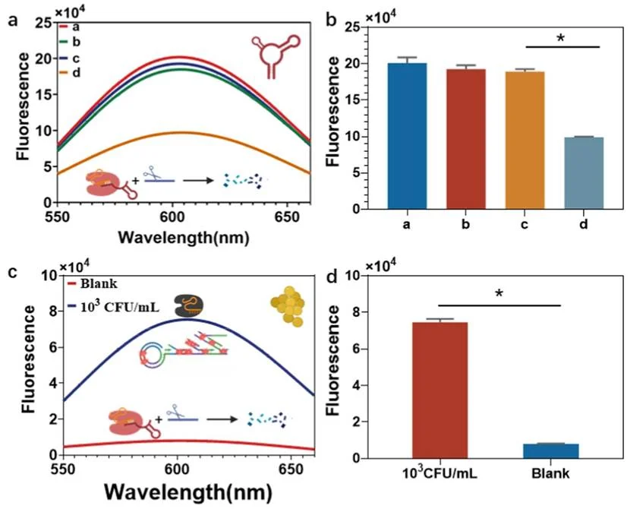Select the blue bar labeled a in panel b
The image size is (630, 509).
[407, 136]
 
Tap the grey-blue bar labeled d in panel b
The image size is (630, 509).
[584, 173]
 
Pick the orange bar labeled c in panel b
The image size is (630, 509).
[524, 141]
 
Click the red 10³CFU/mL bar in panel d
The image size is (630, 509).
[440, 390]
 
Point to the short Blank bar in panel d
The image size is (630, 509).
[551, 451]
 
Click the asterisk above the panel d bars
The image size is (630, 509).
[499, 294]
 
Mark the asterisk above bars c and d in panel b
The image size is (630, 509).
[561, 39]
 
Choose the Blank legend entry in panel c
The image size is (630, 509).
[93, 283]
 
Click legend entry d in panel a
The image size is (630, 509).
[71, 73]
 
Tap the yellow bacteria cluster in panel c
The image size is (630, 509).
[288, 306]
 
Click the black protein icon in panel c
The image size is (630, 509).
[188, 305]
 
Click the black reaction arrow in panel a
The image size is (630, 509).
[198, 181]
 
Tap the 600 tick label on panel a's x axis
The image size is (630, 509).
[172, 217]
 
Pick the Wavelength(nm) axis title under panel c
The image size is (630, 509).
[188, 492]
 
